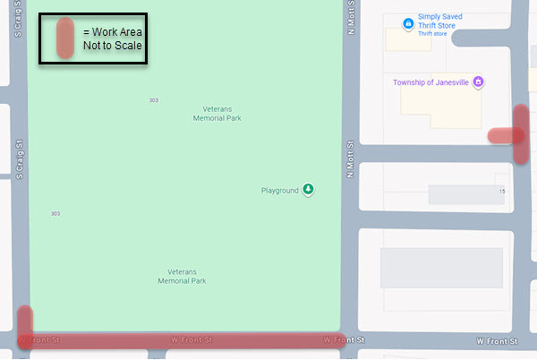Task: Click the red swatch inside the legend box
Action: pyautogui.click(x=64, y=39)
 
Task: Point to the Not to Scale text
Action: pyautogui.click(x=113, y=46)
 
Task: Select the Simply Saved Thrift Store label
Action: pyautogui.click(x=437, y=21)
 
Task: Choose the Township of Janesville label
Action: pyautogui.click(x=431, y=82)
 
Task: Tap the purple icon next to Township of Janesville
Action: pyautogui.click(x=478, y=82)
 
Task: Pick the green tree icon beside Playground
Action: pyautogui.click(x=308, y=189)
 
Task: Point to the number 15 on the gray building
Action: pyautogui.click(x=502, y=192)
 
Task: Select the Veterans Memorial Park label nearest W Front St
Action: pyautogui.click(x=182, y=276)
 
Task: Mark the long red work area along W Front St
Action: pyautogui.click(x=179, y=341)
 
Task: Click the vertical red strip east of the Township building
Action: pyautogui.click(x=521, y=134)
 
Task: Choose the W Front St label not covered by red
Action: pyautogui.click(x=498, y=341)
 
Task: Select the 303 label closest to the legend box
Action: pyautogui.click(x=154, y=99)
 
